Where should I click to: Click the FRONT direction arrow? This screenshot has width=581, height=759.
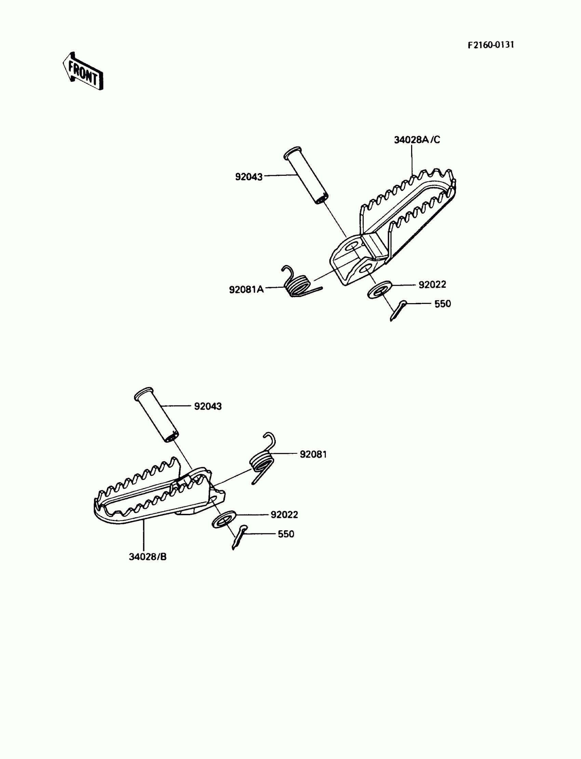83,71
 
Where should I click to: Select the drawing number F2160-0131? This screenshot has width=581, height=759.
491,45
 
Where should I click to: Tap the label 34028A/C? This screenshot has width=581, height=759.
417,140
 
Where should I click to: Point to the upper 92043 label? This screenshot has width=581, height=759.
249,177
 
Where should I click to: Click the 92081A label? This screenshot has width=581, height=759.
246,290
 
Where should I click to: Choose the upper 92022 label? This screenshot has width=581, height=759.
432,285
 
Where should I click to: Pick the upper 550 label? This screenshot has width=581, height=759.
443,304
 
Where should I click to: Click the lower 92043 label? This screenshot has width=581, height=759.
208,406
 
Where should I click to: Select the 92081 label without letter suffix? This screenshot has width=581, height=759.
313,454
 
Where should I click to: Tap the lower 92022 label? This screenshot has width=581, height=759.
284,515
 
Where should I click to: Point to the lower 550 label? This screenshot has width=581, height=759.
286,534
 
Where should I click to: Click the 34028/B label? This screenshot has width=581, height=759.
148,557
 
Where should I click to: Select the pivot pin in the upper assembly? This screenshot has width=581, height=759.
306,176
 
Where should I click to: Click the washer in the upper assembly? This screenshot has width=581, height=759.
379,290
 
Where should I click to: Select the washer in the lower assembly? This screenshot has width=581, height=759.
224,519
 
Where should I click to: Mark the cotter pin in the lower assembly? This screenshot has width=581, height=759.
239,537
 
